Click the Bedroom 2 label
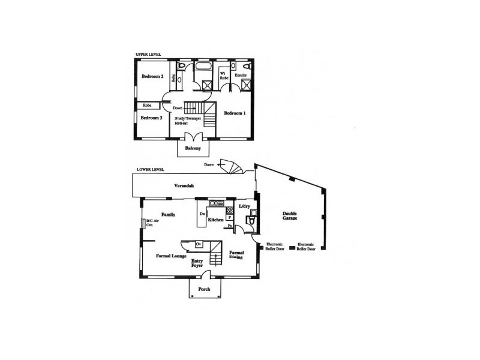[152, 77]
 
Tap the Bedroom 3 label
[152, 118]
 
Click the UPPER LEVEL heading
[148, 55]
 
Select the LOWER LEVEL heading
[150, 170]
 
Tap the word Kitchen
[216, 220]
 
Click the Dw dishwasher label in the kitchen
[203, 214]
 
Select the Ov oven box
[199, 244]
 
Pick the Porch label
[205, 289]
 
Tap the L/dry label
[245, 206]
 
